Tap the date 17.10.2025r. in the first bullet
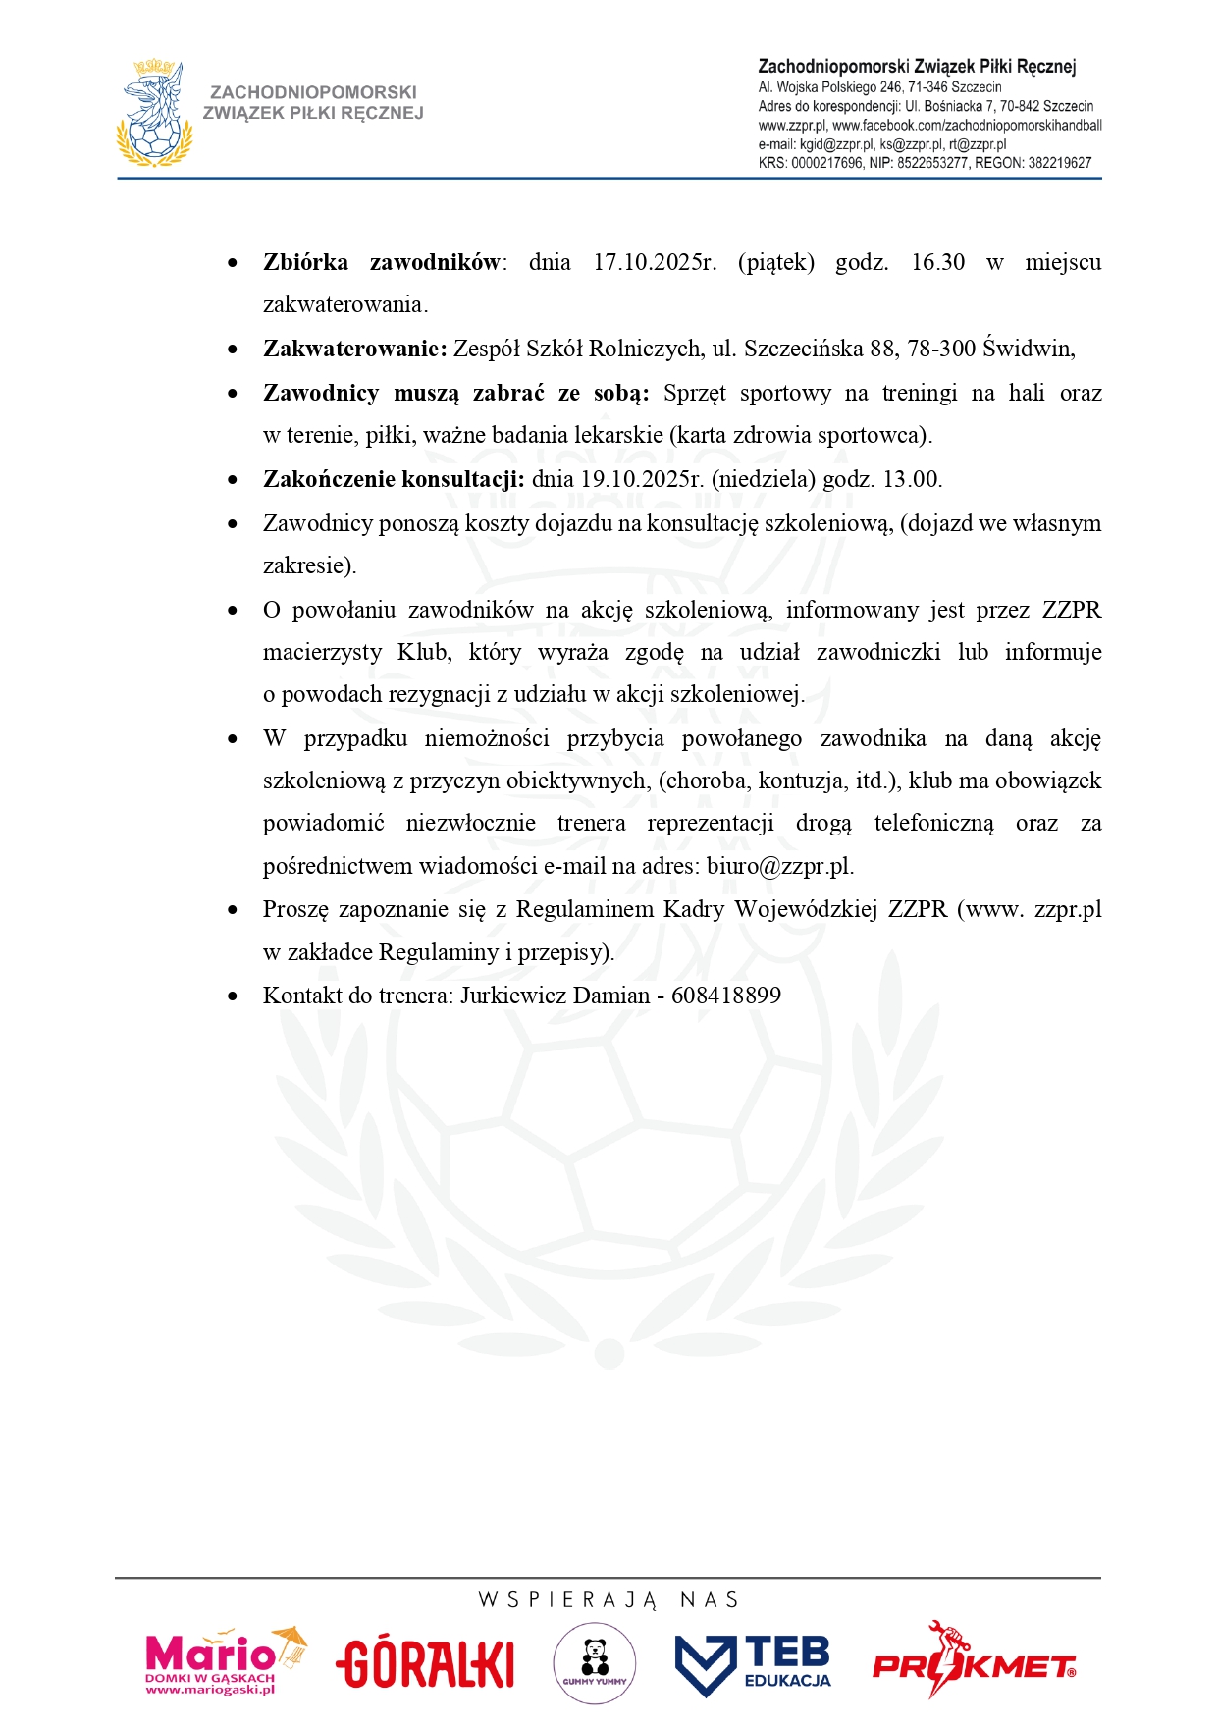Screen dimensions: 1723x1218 click(655, 263)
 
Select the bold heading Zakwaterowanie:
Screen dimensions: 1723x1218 click(354, 349)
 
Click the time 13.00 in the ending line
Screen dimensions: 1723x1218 click(912, 479)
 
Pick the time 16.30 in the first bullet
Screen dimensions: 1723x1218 click(937, 263)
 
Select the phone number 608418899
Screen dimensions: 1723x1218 click(726, 996)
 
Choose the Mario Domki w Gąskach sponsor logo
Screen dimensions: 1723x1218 click(225, 1662)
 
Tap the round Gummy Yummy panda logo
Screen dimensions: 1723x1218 click(594, 1663)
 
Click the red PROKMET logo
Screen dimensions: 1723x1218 click(974, 1663)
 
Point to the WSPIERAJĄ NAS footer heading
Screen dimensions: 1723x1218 click(609, 1600)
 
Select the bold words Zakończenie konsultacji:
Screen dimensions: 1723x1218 click(394, 479)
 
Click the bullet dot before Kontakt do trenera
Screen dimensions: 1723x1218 click(233, 996)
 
